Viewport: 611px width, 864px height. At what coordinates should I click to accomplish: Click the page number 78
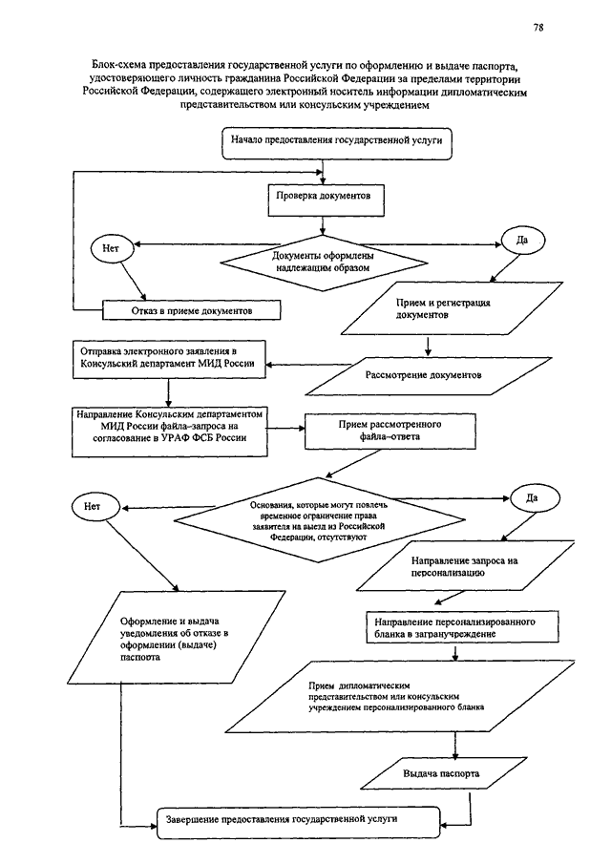point(538,27)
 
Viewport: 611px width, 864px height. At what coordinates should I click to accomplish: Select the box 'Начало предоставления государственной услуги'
point(337,144)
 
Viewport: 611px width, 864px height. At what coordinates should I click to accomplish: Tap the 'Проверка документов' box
point(326,200)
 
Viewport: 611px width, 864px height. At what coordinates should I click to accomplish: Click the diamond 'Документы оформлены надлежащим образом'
point(324,263)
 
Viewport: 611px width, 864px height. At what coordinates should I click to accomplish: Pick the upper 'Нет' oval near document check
point(112,248)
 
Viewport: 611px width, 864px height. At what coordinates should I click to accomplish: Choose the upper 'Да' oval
point(521,241)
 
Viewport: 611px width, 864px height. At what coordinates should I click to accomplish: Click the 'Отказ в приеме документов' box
point(191,310)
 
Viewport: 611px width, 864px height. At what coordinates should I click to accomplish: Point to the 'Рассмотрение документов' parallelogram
point(428,376)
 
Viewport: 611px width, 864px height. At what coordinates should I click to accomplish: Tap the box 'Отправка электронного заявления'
point(169,359)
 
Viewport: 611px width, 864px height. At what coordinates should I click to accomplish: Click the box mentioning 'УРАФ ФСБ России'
point(170,432)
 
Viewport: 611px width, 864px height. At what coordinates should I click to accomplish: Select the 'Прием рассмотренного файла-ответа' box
point(390,431)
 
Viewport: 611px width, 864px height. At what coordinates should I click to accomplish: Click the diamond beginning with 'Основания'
point(320,519)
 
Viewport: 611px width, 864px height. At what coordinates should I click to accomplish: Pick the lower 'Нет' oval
point(95,507)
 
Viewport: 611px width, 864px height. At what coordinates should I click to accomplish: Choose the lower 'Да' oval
point(535,498)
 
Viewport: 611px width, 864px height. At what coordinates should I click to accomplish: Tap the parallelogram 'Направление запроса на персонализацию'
point(466,566)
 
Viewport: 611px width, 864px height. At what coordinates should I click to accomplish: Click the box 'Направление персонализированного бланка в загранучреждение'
point(462,627)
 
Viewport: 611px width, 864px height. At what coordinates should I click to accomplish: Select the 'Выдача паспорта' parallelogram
point(444,773)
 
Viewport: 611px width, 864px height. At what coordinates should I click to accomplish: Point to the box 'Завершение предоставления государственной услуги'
point(299,823)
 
